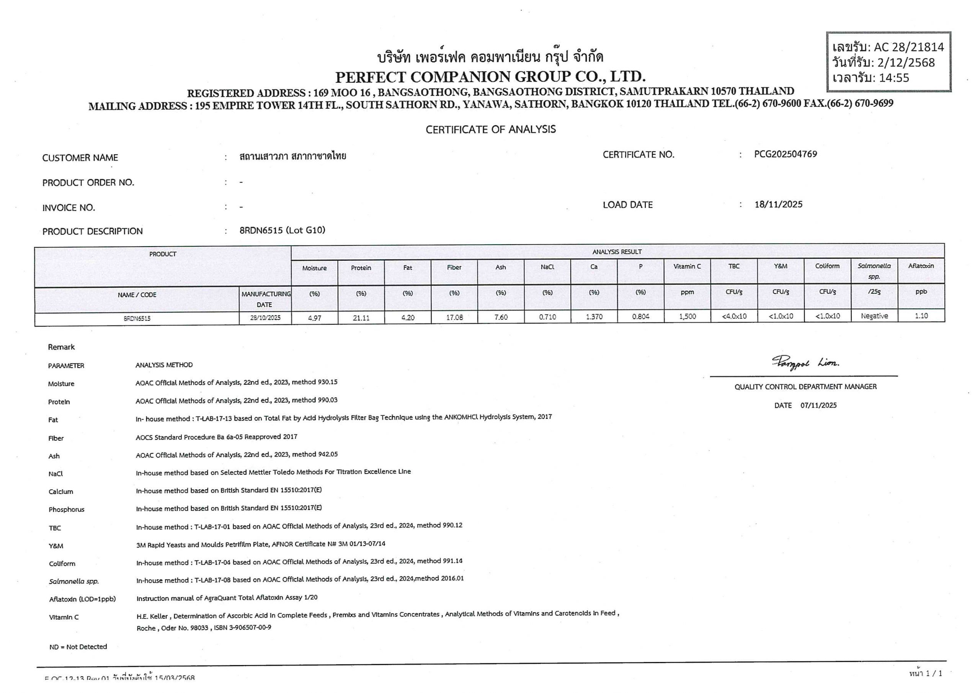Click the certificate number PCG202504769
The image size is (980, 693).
click(x=786, y=154)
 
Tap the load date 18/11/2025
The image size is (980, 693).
click(x=778, y=204)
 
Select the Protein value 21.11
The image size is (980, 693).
click(x=361, y=318)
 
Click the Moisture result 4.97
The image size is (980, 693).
click(x=315, y=318)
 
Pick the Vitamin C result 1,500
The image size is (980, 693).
click(x=687, y=316)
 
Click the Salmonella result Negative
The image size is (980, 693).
click(x=874, y=316)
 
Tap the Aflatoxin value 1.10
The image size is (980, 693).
click(x=921, y=316)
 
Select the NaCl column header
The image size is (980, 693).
click(x=547, y=267)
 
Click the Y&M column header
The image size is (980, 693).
click(x=780, y=266)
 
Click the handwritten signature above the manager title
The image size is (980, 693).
click(x=805, y=363)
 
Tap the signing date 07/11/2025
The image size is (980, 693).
click(x=818, y=405)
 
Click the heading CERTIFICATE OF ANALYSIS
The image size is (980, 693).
click(x=490, y=129)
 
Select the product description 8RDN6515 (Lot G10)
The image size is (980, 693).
click(x=282, y=230)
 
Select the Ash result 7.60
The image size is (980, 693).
click(x=501, y=317)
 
